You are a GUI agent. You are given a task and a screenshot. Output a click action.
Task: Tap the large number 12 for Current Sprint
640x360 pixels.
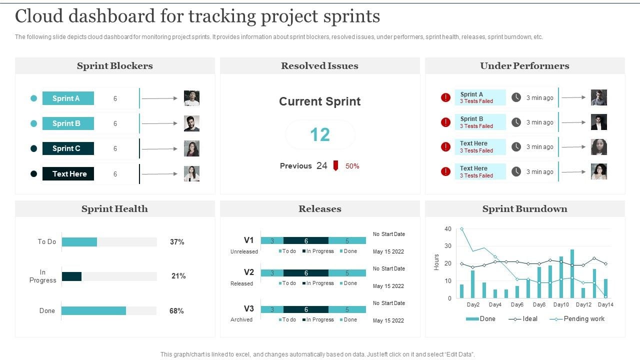pyautogui.click(x=320, y=134)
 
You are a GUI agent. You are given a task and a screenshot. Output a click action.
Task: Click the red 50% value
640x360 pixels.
pyautogui.click(x=352, y=166)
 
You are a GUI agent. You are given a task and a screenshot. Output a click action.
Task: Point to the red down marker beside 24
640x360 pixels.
pyautogui.click(x=336, y=165)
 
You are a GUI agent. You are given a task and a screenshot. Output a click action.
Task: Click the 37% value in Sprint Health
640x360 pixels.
pyautogui.click(x=177, y=242)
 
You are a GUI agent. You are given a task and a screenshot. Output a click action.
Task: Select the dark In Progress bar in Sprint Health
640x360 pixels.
pyautogui.click(x=71, y=276)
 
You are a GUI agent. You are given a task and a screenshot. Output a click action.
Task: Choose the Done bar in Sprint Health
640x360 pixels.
pyautogui.click(x=93, y=311)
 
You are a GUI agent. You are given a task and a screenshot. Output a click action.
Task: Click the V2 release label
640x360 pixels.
pyautogui.click(x=248, y=272)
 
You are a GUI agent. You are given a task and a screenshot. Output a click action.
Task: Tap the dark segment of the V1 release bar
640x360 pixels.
pyautogui.click(x=306, y=240)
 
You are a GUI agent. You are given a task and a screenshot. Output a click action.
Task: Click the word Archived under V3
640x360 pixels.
pyautogui.click(x=241, y=319)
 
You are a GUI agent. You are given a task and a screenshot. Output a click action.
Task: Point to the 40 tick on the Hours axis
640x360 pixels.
pyautogui.click(x=447, y=229)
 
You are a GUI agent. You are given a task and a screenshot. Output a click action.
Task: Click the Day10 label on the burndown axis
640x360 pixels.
pyautogui.click(x=561, y=304)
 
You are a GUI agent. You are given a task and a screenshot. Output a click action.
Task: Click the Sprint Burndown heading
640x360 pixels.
pyautogui.click(x=524, y=209)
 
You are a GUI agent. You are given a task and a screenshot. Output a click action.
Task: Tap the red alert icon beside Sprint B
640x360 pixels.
pyautogui.click(x=445, y=122)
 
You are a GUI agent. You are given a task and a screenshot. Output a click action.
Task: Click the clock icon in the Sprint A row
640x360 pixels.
pyautogui.click(x=516, y=98)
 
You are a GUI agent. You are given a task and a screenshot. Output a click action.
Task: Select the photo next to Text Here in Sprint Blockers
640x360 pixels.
pyautogui.click(x=191, y=173)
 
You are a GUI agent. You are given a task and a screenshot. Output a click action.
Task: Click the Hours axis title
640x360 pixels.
pyautogui.click(x=436, y=262)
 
